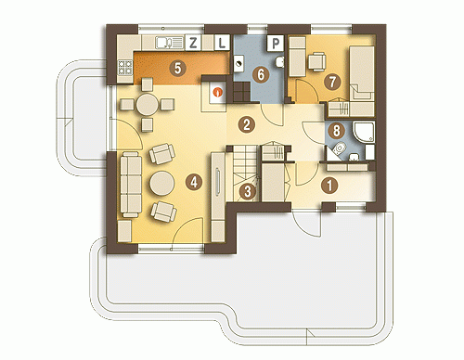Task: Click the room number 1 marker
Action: point(329,186)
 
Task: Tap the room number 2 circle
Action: point(247,124)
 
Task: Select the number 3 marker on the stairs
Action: point(248,192)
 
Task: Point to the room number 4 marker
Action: point(194,182)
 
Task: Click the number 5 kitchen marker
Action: point(177,69)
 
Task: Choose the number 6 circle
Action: point(261,74)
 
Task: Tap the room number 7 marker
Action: point(332,82)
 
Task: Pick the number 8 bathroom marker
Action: point(336,131)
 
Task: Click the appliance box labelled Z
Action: point(193,43)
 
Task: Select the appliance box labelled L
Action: point(222,43)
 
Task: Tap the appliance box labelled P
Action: point(276,43)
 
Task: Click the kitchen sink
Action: point(169,43)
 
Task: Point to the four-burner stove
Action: point(125,68)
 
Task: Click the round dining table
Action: point(148,104)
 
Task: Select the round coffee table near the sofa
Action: point(162,183)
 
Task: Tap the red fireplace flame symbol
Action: point(218,92)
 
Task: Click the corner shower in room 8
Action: point(364,133)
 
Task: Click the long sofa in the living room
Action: point(131,185)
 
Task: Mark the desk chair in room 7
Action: point(316,61)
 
